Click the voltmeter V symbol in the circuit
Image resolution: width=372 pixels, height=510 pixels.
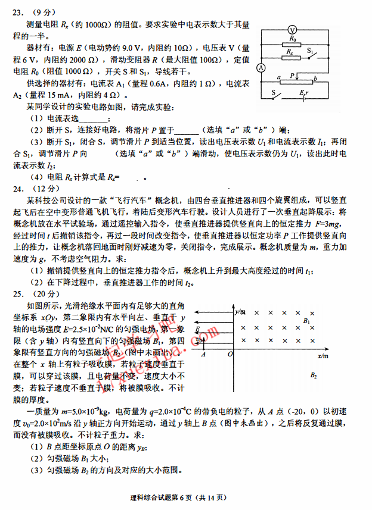pos(292,29)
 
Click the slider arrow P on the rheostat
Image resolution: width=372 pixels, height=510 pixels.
pos(293,76)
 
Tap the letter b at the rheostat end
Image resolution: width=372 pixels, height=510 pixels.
pos(314,78)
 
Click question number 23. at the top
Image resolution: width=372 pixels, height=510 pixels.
pos(17,11)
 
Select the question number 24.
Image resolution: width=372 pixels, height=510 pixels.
pos(17,189)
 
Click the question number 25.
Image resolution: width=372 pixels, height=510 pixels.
pos(17,293)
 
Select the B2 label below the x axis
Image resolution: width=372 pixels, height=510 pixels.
pos(314,376)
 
